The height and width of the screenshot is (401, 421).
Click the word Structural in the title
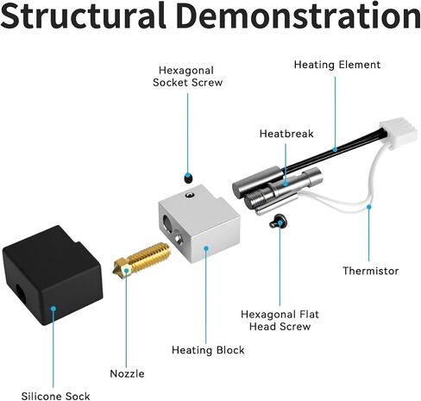[x=84, y=15]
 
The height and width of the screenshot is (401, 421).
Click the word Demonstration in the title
[x=298, y=15]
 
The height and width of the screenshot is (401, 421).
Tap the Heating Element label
[x=337, y=65]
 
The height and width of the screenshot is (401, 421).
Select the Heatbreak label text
[x=286, y=134]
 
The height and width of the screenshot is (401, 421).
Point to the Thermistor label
[x=370, y=271]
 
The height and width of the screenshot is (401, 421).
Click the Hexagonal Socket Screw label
[x=187, y=77]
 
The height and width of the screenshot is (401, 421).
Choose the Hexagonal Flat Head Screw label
[x=280, y=320]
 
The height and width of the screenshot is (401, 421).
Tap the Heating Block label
[x=208, y=350]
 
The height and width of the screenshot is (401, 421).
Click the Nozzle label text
[x=127, y=373]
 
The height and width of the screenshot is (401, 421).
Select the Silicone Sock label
[x=55, y=396]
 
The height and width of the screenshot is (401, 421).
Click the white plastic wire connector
[x=399, y=134]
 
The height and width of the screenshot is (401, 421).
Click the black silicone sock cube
[x=53, y=275]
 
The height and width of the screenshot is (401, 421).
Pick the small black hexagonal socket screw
[x=188, y=178]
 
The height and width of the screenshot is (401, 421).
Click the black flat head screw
[x=277, y=222]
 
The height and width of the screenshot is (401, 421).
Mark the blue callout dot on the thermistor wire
[x=369, y=207]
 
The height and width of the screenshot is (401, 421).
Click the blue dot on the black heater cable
[x=335, y=149]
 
